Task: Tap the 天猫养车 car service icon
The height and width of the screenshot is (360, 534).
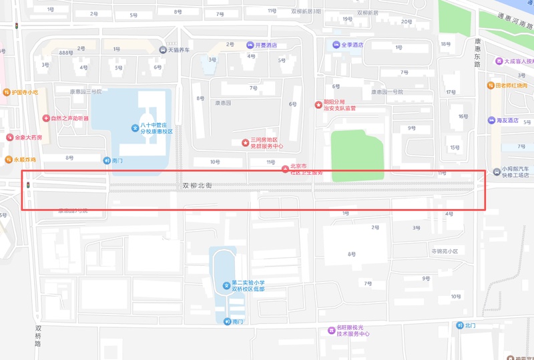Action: [x=162, y=49]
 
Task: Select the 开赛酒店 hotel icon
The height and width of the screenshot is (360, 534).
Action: [x=250, y=45]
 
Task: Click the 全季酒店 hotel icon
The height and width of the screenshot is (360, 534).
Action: [x=336, y=45]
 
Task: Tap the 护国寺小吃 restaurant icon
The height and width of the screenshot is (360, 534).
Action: [x=6, y=92]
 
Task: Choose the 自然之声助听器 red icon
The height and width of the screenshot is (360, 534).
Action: [x=45, y=118]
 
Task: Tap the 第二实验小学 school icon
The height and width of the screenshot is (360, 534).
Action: [x=226, y=286]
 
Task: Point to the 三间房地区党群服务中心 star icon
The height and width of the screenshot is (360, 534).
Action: [x=245, y=142]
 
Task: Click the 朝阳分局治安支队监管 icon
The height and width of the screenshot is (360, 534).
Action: [x=318, y=104]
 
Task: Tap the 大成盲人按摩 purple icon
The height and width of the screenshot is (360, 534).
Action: [x=499, y=61]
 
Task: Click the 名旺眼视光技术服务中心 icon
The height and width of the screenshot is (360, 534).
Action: [x=331, y=330]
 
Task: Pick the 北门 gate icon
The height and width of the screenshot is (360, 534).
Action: [x=460, y=325]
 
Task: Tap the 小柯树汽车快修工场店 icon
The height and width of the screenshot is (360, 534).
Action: [x=496, y=172]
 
